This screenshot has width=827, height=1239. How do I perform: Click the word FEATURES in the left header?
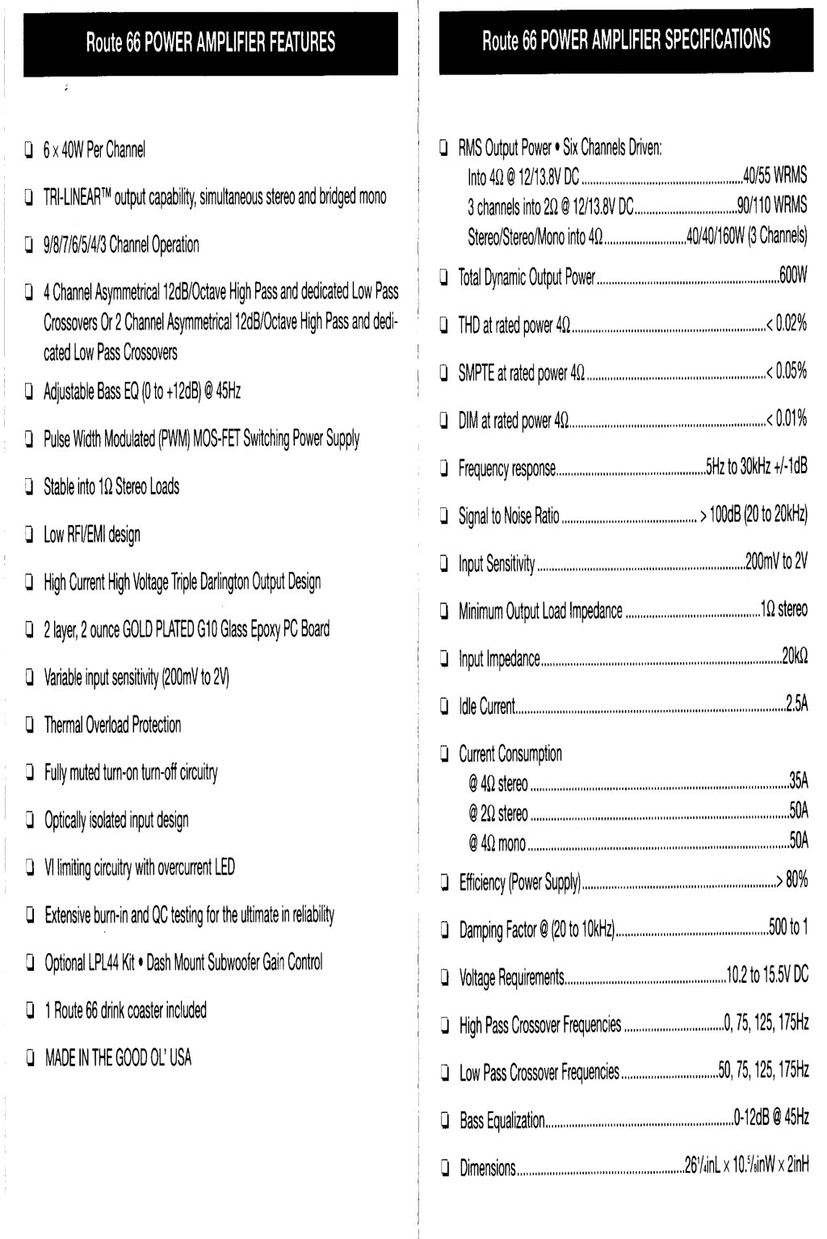302,43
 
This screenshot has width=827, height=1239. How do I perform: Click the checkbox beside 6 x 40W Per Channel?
29,149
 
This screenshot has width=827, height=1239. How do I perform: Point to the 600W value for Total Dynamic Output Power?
792,276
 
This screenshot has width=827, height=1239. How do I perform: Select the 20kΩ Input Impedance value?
794,657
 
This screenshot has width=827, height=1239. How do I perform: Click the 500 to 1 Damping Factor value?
787,929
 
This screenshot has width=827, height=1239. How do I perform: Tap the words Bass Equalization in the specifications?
502,1120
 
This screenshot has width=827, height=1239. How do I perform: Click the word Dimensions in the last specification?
487,1167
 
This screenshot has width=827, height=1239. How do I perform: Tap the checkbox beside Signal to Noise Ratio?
444,516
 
